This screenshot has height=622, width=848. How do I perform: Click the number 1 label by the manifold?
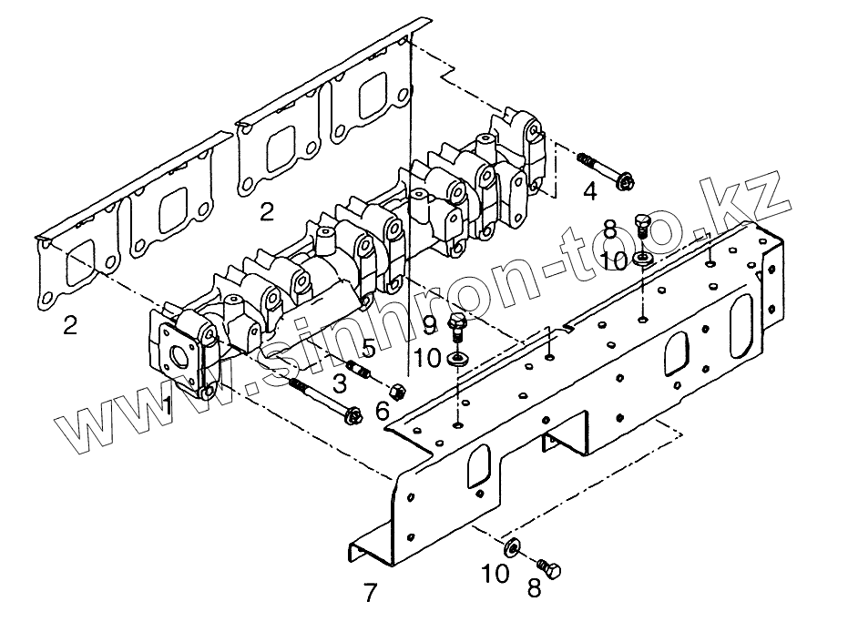[168, 406]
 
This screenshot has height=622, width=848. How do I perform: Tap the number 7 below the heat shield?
[369, 594]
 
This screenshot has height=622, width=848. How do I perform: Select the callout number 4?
[590, 191]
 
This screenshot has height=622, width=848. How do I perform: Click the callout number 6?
[383, 413]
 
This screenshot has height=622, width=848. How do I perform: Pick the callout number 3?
[339, 382]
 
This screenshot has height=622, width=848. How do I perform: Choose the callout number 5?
[368, 347]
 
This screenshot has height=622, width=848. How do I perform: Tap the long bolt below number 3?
[324, 402]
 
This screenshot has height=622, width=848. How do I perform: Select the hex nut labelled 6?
[397, 393]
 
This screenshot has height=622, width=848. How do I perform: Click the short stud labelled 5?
[360, 372]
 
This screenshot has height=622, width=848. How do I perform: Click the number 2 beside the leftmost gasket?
[70, 325]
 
